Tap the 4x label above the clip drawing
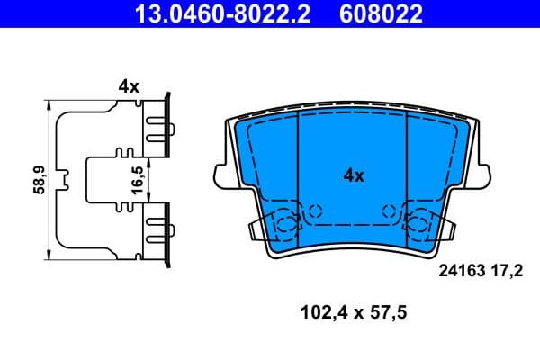129,86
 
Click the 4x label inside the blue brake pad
354,176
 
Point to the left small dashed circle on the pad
314,212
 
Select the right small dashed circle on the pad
390,212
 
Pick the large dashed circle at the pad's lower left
287,224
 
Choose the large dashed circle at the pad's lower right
418,224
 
